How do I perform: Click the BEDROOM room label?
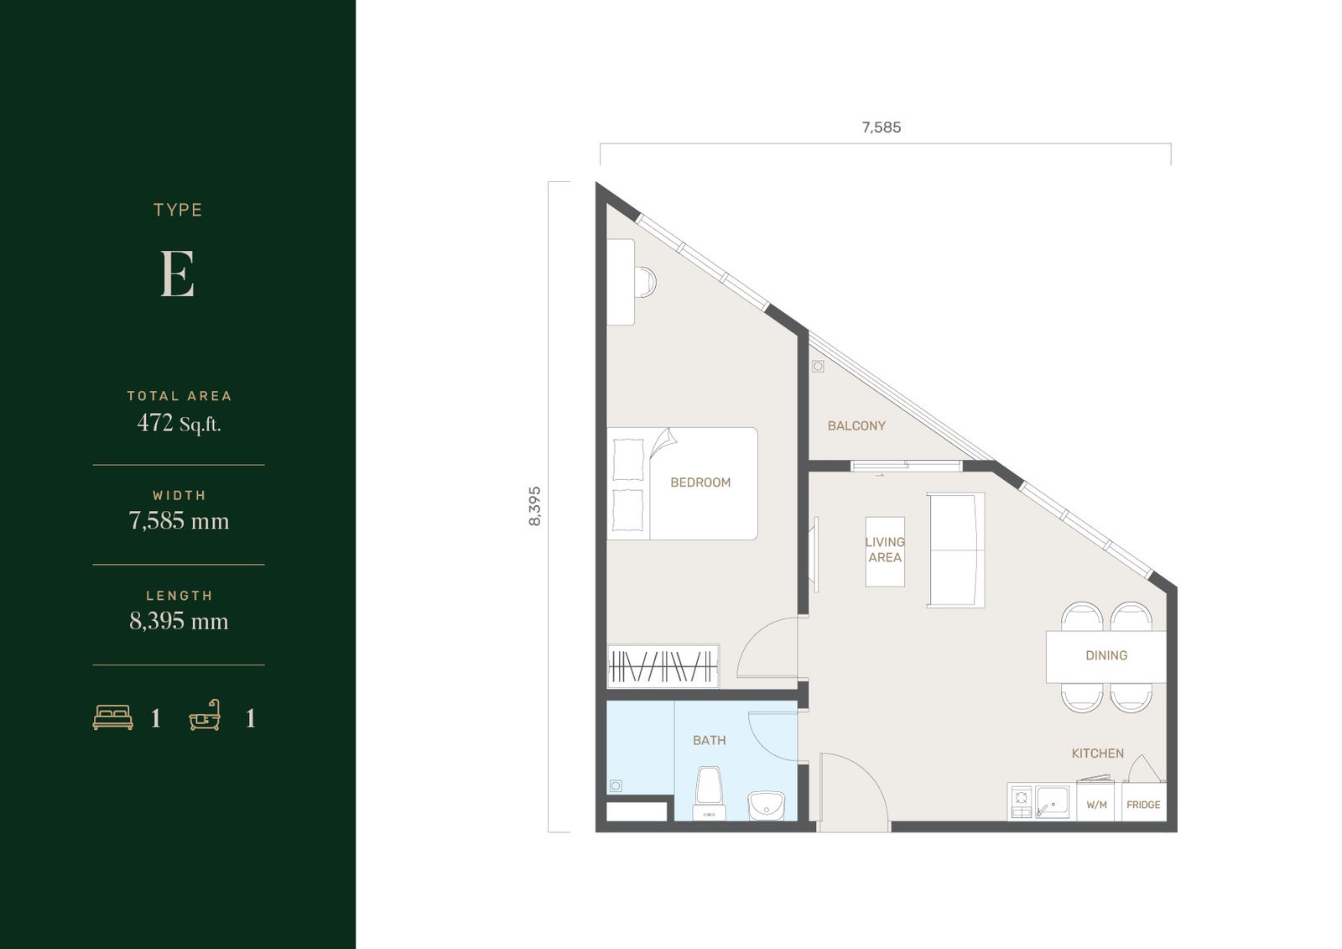point(700,482)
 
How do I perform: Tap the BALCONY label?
point(856,425)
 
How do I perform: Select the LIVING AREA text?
point(885,550)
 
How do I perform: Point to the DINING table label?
point(1106,655)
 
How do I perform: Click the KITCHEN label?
point(1098,753)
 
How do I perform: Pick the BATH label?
point(710,740)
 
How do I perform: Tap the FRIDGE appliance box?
point(1144,801)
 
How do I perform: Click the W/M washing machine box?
point(1096,801)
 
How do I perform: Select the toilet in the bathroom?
point(710,793)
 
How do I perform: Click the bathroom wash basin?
point(767,806)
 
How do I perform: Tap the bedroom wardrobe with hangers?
point(663,666)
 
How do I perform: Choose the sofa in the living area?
point(955,550)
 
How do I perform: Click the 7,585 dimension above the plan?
point(882,127)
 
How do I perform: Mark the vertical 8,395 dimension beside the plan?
point(534,507)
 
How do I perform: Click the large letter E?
point(177,274)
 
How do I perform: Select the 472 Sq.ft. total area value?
point(179,423)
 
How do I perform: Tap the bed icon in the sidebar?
point(112,717)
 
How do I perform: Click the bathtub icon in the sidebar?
point(205,715)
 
